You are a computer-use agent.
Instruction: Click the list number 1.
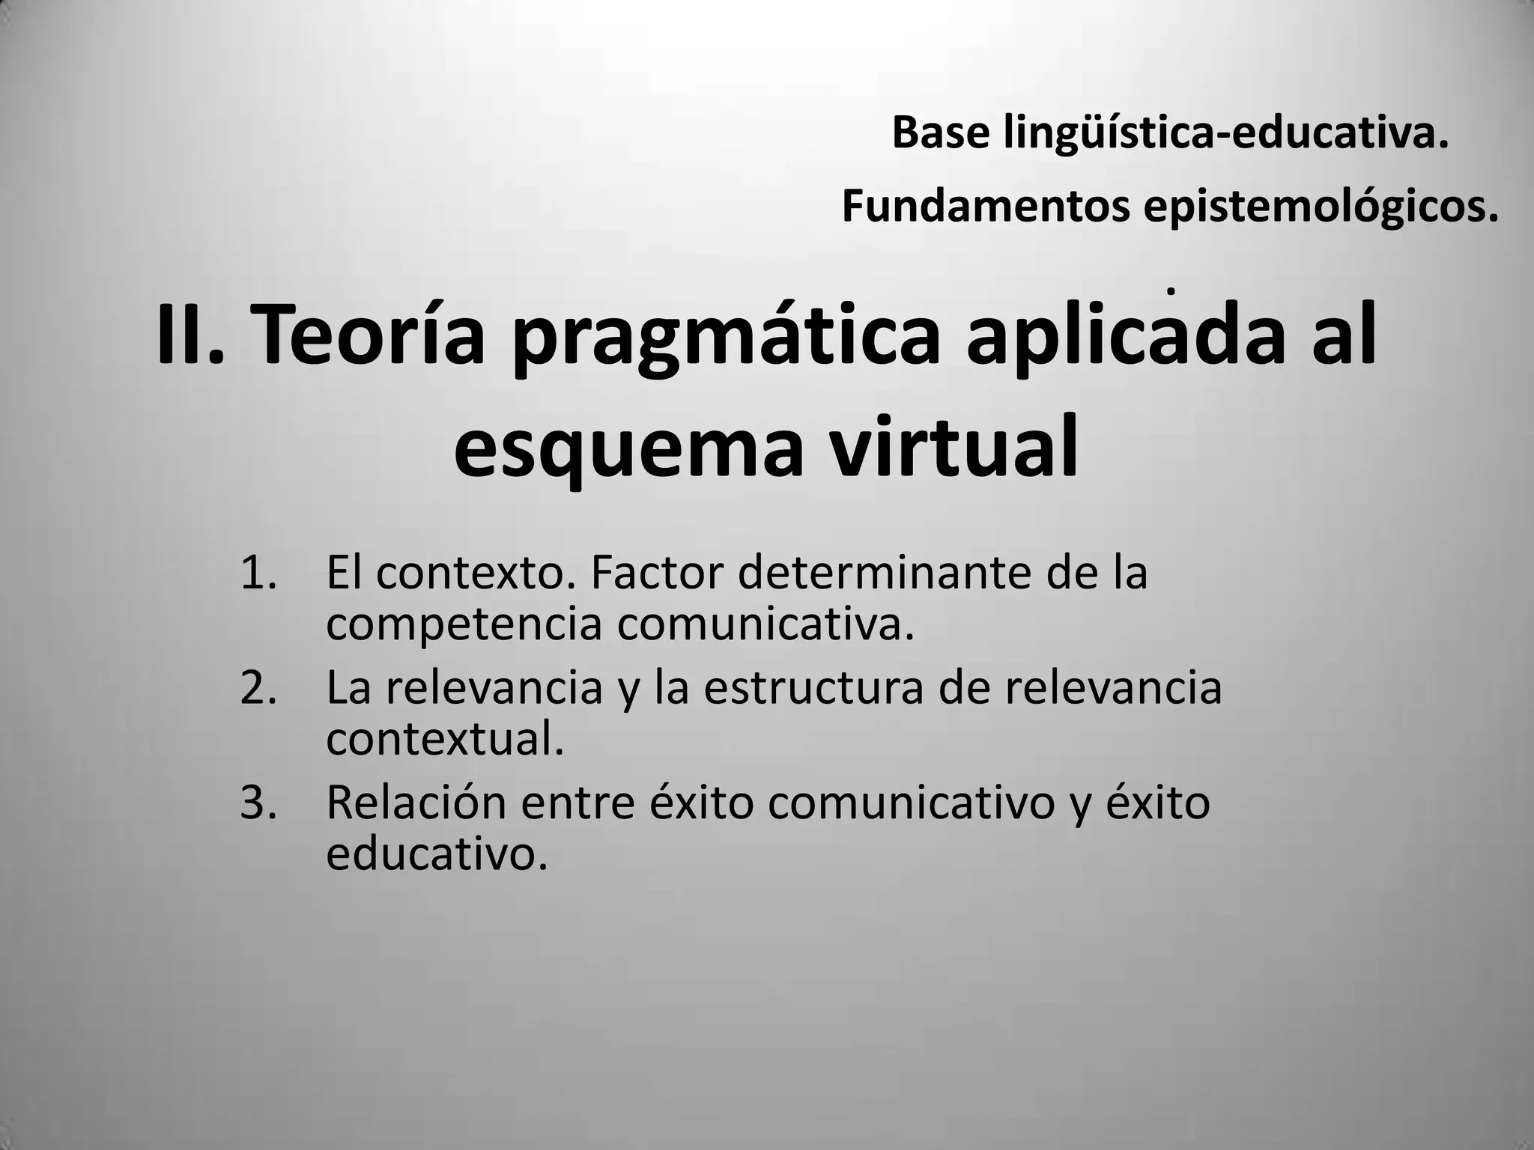click(x=258, y=573)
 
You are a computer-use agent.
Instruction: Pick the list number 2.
click(x=258, y=687)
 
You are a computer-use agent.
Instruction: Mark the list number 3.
click(x=258, y=803)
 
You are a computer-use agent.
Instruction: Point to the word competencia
click(x=464, y=625)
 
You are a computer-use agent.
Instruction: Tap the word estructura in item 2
click(x=813, y=687)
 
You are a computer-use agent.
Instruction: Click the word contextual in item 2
click(x=444, y=739)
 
